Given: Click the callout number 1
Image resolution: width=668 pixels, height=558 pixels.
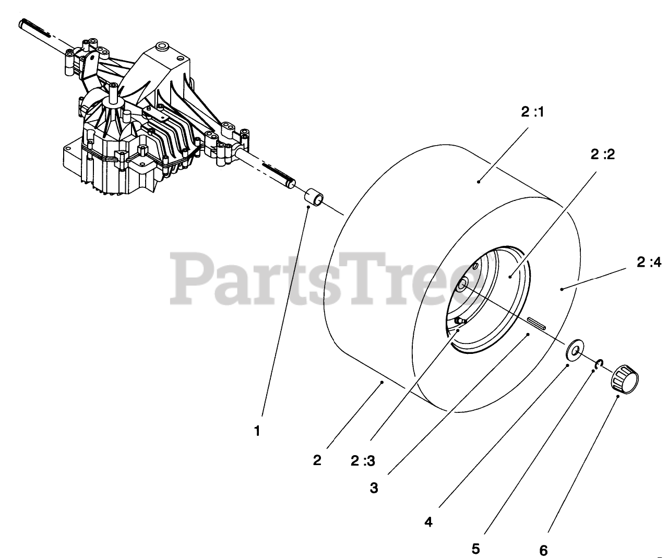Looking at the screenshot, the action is [257, 431].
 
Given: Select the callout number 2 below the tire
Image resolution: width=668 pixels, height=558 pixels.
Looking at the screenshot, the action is [317, 460].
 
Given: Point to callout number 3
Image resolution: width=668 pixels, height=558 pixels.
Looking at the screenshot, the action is [374, 488].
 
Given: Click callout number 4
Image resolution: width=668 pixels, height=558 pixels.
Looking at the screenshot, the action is [428, 521].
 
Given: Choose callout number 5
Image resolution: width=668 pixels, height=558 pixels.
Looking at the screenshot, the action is [475, 549].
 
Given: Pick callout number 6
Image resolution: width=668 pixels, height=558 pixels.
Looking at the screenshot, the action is [543, 550].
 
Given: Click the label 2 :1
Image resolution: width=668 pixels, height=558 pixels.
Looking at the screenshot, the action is [532, 113].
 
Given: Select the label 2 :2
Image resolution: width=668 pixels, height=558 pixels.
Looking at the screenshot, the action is [603, 155].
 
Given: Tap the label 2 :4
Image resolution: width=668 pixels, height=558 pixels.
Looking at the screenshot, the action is [649, 263].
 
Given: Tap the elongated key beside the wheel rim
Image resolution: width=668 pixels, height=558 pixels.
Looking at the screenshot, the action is [536, 322].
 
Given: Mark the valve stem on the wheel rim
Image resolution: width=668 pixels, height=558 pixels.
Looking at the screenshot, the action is [460, 320].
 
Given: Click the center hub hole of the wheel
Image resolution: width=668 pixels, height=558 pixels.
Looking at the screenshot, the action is [462, 286].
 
